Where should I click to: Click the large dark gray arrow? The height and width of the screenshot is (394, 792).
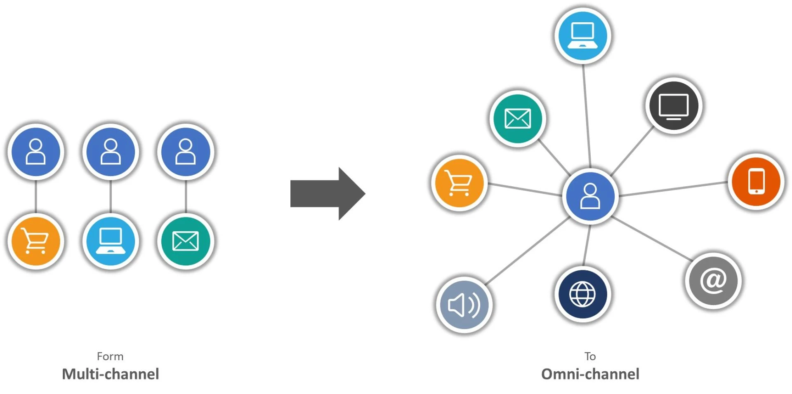tap(326, 194)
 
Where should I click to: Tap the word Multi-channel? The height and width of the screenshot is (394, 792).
tap(110, 374)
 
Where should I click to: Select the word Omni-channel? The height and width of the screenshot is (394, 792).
tap(590, 374)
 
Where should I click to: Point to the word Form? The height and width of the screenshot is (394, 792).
tap(110, 356)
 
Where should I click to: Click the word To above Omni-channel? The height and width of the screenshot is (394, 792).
tap(590, 356)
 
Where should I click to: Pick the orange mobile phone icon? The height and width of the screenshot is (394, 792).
tap(756, 181)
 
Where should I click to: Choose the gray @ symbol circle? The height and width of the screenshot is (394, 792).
tap(713, 280)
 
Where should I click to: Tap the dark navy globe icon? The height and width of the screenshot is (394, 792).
tap(582, 294)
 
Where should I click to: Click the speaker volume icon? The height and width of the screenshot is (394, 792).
tap(464, 305)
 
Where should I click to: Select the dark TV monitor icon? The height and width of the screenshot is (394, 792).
tap(674, 106)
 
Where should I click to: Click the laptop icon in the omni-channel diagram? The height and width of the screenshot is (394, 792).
tap(582, 35)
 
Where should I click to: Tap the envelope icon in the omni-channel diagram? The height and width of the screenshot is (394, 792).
tap(518, 119)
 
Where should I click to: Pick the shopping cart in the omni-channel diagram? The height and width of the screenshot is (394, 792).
tap(459, 183)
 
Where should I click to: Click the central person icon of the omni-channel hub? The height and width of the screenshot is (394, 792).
tap(590, 196)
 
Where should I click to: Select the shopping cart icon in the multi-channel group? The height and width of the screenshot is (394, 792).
tap(36, 241)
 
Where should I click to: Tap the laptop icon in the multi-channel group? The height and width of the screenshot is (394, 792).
tap(111, 241)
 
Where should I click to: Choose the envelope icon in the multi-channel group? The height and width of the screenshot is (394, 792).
tap(186, 241)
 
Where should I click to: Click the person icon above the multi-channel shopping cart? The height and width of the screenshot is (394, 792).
tap(36, 152)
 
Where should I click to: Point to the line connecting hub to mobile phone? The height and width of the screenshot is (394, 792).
tap(672, 189)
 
